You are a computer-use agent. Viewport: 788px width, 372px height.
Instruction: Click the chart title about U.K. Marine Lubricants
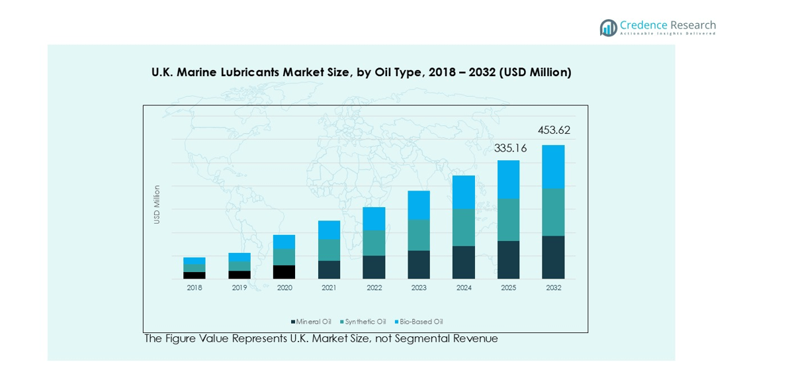(x=361, y=72)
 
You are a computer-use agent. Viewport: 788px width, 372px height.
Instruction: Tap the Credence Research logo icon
(x=608, y=27)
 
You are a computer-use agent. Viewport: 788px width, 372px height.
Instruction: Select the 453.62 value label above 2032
(x=554, y=130)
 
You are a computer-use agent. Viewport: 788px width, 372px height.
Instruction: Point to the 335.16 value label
(x=510, y=148)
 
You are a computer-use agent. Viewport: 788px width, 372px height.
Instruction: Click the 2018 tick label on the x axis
(x=195, y=288)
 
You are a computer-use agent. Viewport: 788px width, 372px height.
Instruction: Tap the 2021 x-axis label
(x=329, y=288)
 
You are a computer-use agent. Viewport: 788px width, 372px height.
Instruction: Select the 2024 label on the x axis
(x=464, y=288)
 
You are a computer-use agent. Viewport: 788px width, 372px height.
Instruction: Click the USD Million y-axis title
(x=157, y=204)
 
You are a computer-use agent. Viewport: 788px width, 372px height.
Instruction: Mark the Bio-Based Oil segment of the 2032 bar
(x=553, y=166)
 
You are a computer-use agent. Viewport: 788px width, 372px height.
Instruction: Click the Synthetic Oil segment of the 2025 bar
(x=508, y=219)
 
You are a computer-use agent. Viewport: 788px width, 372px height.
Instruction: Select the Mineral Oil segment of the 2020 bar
(x=285, y=272)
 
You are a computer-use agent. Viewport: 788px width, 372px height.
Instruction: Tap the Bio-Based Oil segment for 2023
(x=419, y=205)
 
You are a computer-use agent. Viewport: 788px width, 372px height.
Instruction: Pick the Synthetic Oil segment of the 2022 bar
(x=374, y=243)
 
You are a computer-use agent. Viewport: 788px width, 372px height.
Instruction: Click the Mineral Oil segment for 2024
(x=464, y=262)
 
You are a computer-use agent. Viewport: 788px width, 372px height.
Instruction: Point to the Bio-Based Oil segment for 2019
(x=240, y=257)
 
